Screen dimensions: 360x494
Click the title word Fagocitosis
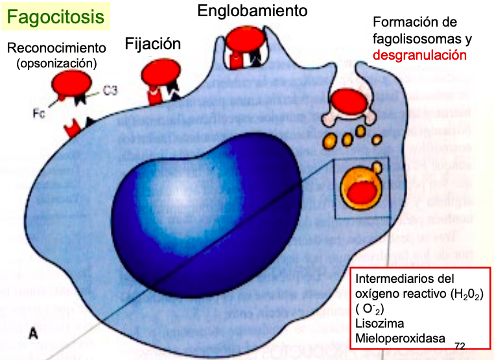56,17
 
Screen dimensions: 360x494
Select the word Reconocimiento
56,48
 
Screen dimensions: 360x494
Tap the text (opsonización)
56,63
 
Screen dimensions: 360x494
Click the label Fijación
152,45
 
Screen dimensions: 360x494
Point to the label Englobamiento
252,10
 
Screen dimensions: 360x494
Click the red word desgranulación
419,54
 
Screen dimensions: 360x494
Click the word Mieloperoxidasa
397,338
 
